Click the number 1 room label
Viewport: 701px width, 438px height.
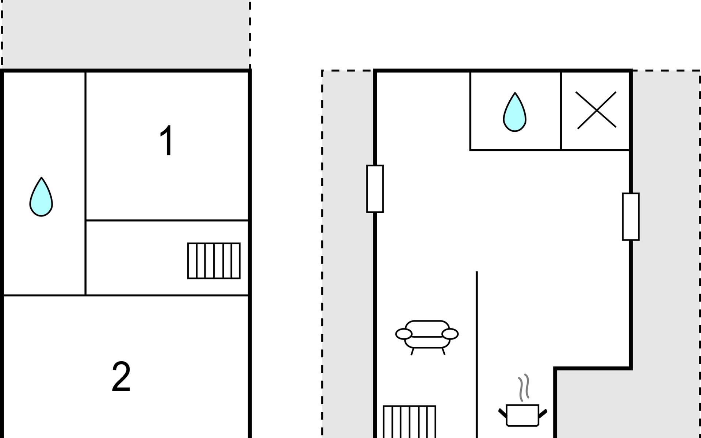166,141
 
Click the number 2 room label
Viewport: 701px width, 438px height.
121,377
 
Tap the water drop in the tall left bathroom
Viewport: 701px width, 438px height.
41,197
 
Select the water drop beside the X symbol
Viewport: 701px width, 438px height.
515,112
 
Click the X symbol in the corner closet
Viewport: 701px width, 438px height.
596,110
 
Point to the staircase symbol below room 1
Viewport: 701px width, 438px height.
214,261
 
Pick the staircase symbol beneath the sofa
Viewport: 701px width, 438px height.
409,422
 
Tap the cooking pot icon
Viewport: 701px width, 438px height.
522,415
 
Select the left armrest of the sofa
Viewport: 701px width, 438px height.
403,334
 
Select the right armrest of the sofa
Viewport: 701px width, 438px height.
450,334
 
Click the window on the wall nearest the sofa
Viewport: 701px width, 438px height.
375,189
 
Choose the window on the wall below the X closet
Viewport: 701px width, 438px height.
631,217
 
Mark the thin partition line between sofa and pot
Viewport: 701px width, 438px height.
477,347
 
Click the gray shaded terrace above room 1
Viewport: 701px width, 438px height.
126,35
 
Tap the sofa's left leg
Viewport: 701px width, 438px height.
413,351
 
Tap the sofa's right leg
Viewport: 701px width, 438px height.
443,351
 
